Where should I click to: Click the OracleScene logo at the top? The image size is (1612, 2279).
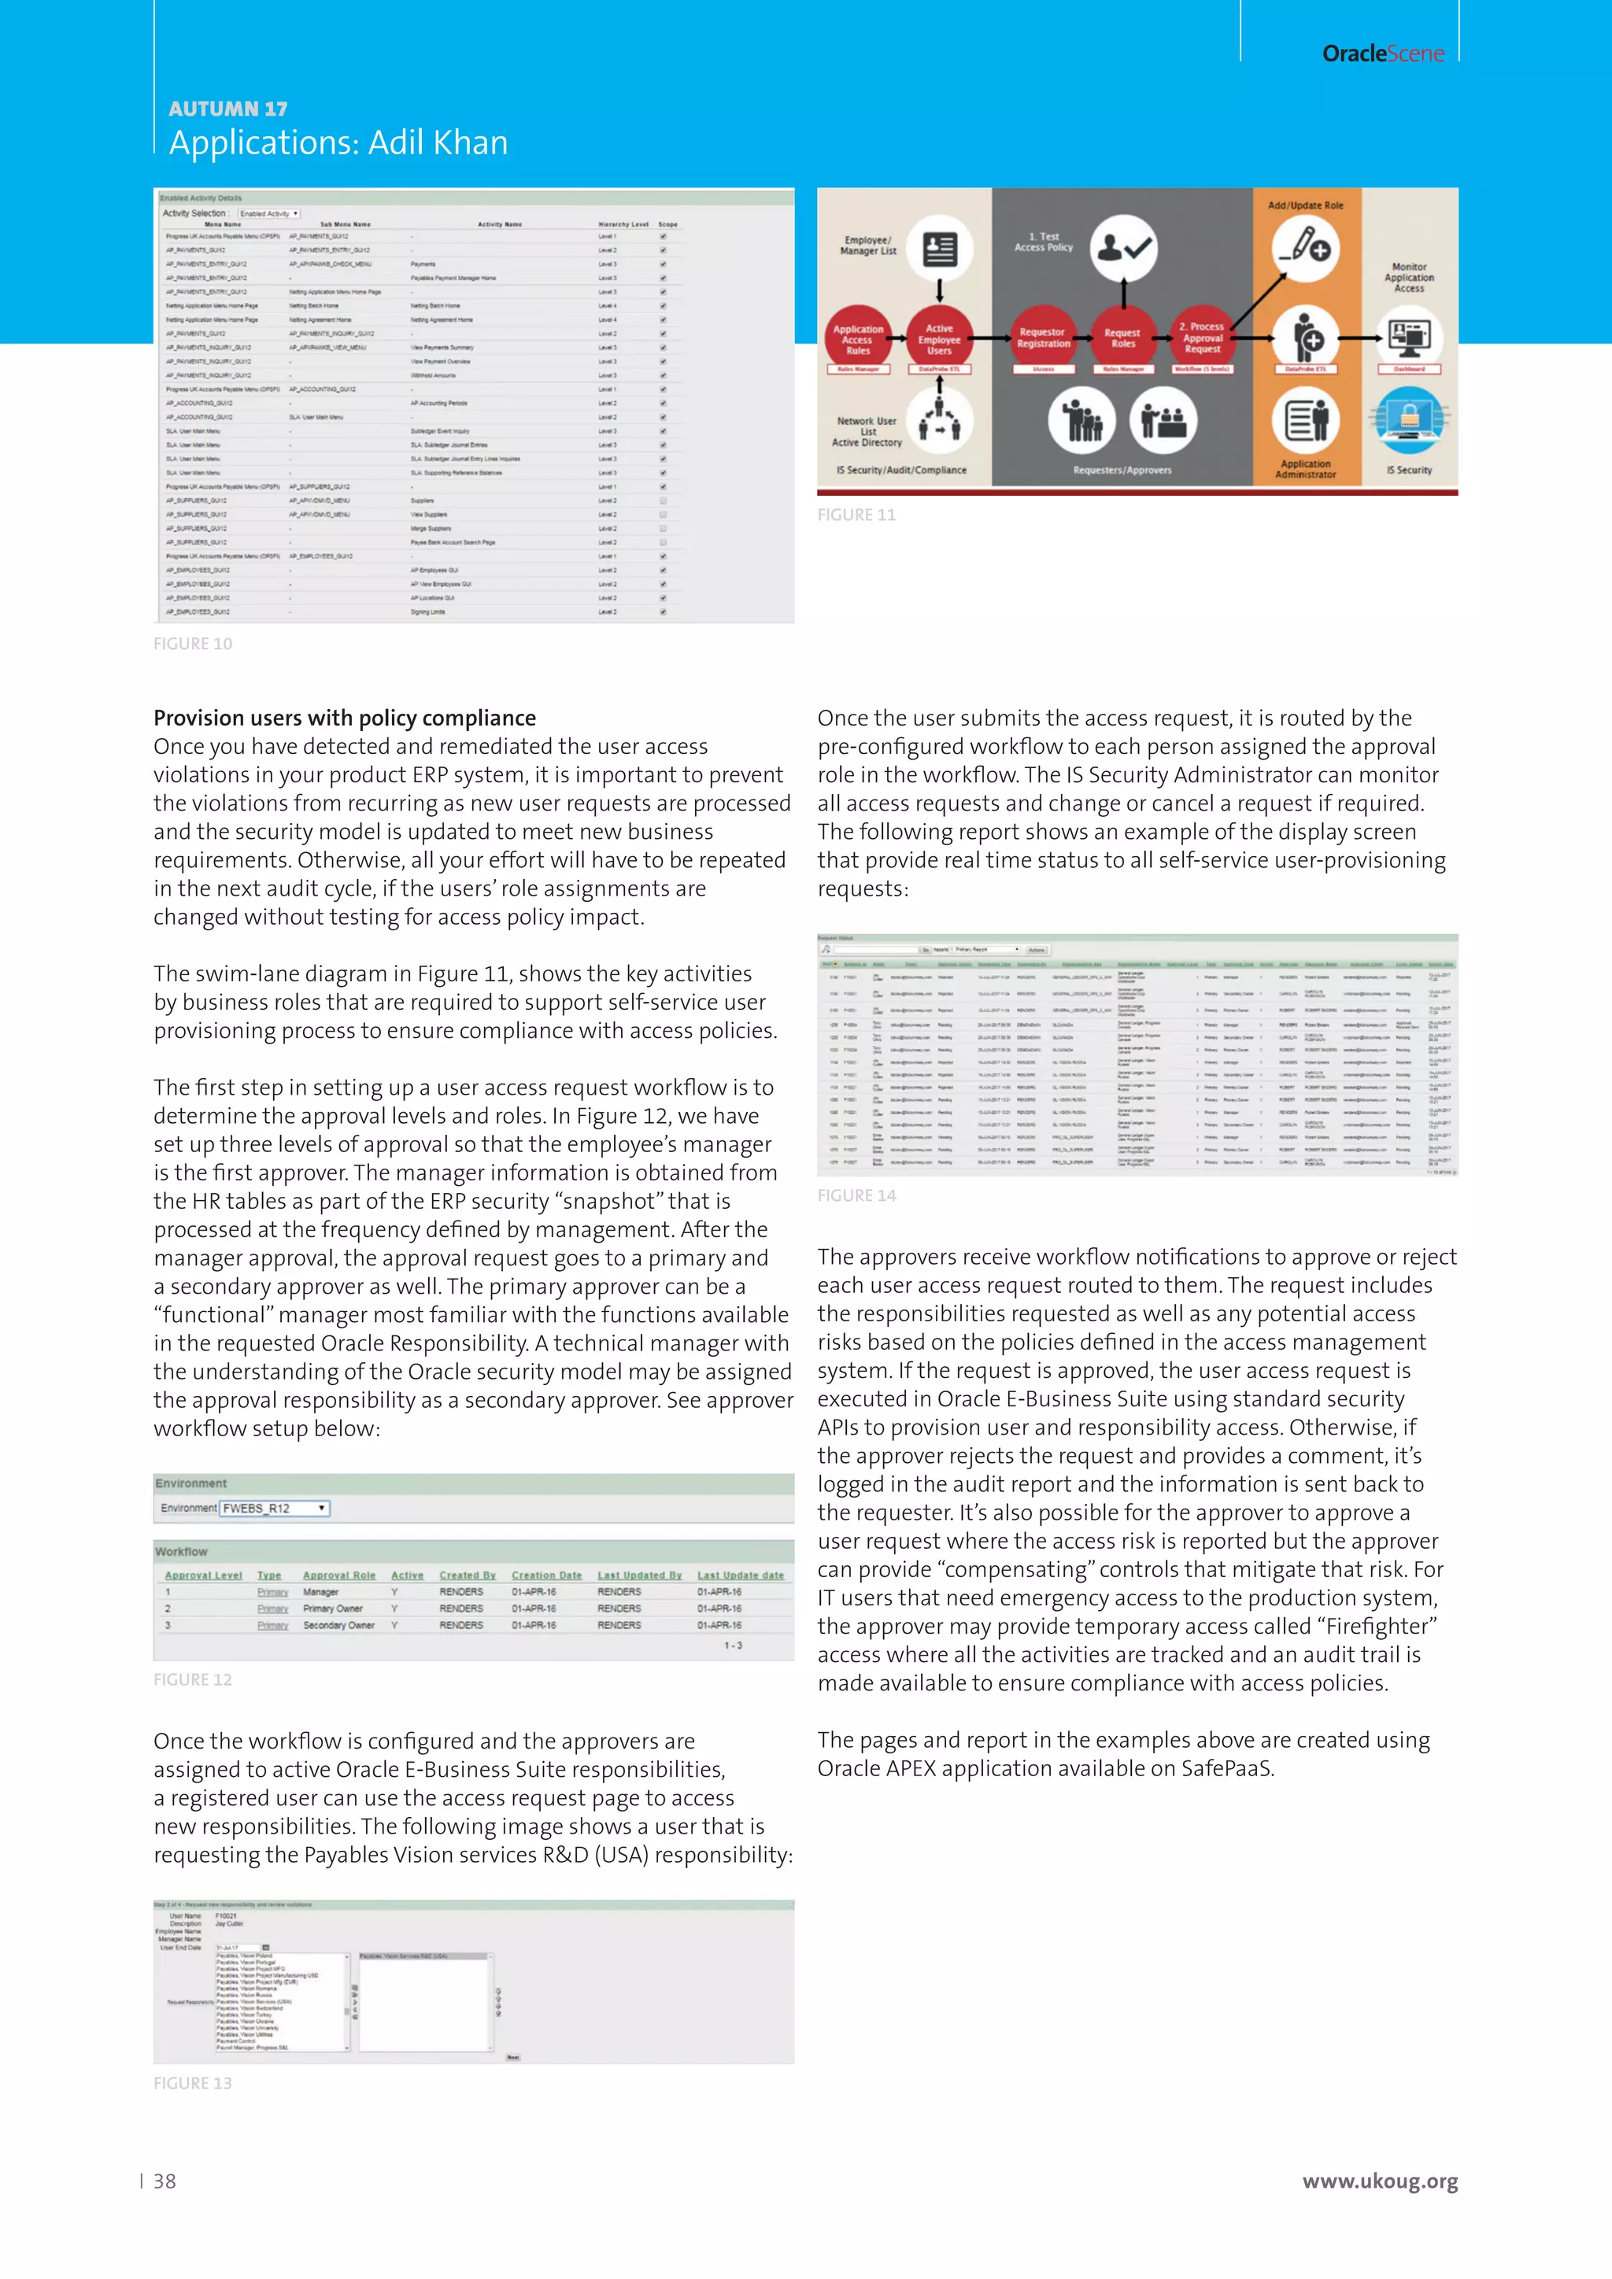coord(1383,54)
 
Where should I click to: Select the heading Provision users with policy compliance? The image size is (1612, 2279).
coord(345,718)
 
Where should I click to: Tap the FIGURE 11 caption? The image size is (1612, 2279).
coord(856,515)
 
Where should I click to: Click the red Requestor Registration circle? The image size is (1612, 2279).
coord(1042,338)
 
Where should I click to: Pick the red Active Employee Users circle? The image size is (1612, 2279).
coord(939,338)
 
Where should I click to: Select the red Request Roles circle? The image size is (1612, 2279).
coord(1122,338)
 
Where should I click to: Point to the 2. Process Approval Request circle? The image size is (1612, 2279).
coord(1202,338)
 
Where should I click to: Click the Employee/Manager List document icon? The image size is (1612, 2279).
coord(939,248)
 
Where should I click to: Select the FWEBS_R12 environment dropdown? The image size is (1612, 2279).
coord(274,1508)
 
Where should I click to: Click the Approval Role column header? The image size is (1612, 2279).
coord(339,1575)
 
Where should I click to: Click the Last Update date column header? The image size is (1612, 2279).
coord(740,1575)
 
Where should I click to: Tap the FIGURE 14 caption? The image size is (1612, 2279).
coord(856,1196)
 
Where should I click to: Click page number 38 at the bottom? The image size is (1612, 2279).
coord(165,2181)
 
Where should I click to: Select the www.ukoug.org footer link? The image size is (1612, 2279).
coord(1380,2181)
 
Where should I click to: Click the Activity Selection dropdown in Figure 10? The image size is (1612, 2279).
coord(269,213)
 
